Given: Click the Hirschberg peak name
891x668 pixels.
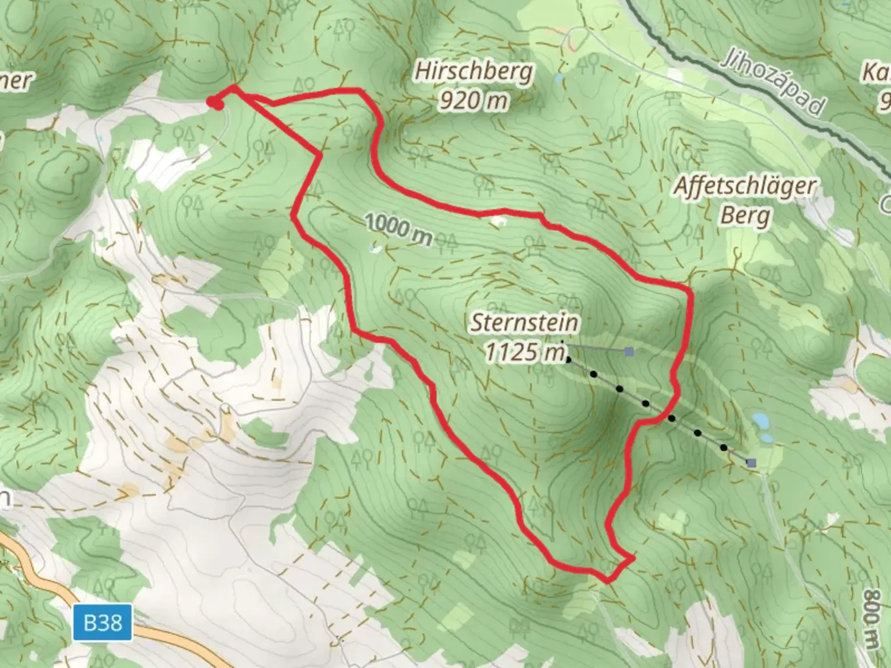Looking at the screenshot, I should (x=473, y=71).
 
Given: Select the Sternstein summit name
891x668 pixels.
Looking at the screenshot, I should (x=525, y=322).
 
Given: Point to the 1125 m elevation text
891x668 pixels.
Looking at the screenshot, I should (x=525, y=352).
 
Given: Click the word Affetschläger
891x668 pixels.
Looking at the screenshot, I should (x=745, y=186).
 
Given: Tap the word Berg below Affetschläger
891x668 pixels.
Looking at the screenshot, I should (x=745, y=216).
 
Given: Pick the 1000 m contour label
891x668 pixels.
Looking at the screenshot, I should (x=399, y=229).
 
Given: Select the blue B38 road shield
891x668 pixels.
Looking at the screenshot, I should (x=103, y=622).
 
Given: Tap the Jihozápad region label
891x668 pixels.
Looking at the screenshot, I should (x=773, y=87).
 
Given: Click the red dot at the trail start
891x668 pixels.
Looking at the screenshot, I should (x=214, y=103).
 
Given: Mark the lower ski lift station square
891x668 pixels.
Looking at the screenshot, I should (x=751, y=463).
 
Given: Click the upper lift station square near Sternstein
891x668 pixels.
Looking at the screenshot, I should (x=629, y=351).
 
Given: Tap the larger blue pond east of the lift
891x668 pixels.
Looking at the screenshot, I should (x=760, y=422).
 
